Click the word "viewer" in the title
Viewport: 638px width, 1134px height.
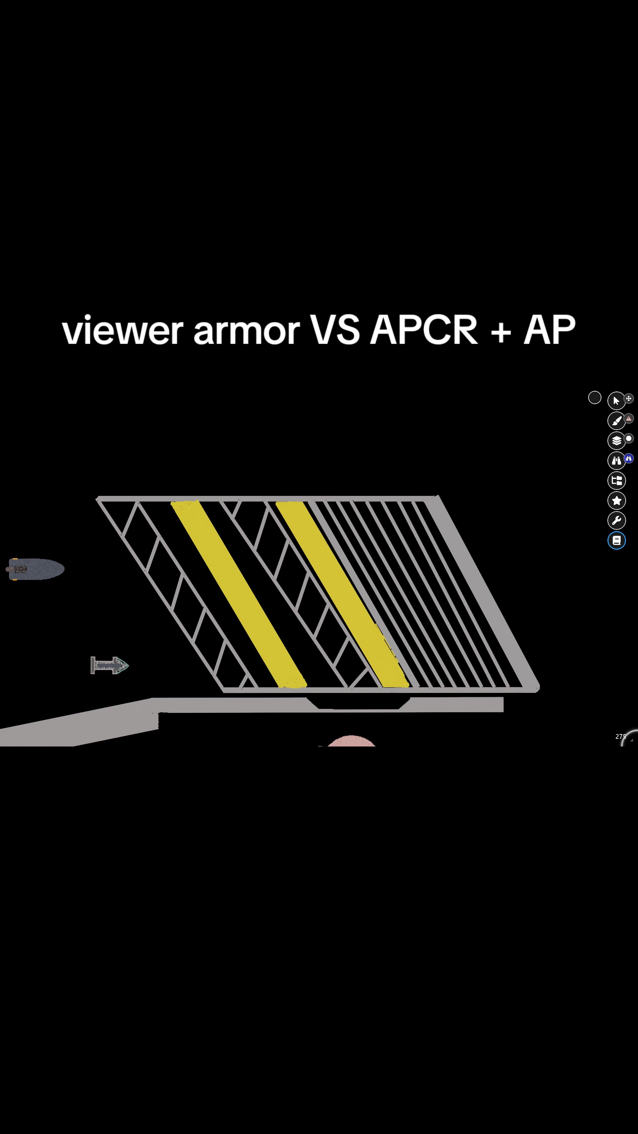pyautogui.click(x=122, y=330)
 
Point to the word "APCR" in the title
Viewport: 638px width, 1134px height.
pyautogui.click(x=424, y=329)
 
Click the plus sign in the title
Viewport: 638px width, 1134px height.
pyautogui.click(x=501, y=331)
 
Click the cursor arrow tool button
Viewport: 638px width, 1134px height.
pyautogui.click(x=616, y=400)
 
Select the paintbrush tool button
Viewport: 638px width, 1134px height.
pyautogui.click(x=616, y=420)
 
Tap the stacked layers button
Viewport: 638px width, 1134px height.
pyautogui.click(x=616, y=440)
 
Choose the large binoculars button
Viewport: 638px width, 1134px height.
pyautogui.click(x=616, y=460)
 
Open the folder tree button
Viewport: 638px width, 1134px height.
pyautogui.click(x=616, y=480)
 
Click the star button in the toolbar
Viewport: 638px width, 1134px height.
pyautogui.click(x=616, y=500)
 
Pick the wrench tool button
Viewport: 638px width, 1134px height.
pyautogui.click(x=616, y=520)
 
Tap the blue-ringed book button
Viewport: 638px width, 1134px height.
pyautogui.click(x=616, y=540)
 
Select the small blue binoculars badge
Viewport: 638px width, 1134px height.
pyautogui.click(x=629, y=458)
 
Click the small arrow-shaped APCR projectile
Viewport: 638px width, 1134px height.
pyautogui.click(x=109, y=665)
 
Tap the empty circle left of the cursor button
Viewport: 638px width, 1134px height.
pyautogui.click(x=594, y=397)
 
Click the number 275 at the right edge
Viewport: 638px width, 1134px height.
pyautogui.click(x=620, y=737)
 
